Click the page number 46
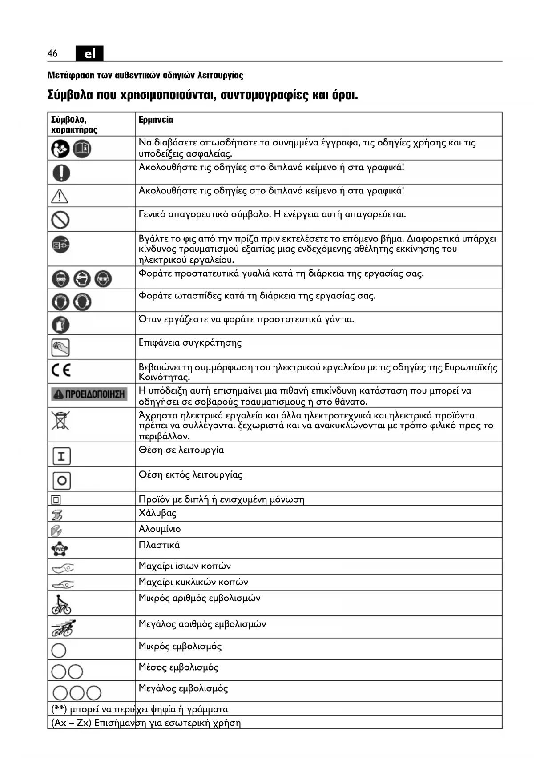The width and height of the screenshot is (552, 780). [x=52, y=53]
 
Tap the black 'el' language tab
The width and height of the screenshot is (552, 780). [x=89, y=54]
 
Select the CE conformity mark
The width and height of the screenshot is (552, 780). [x=61, y=370]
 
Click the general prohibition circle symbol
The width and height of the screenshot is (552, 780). [x=60, y=219]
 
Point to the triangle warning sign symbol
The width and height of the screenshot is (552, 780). [x=60, y=196]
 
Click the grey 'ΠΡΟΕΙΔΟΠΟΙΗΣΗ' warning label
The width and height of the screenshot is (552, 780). [x=89, y=394]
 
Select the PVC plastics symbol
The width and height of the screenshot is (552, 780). [x=60, y=549]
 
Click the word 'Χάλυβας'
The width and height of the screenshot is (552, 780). [x=157, y=513]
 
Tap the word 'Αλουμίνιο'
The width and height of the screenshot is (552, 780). [x=160, y=529]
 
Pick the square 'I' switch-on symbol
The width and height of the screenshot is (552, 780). [x=61, y=456]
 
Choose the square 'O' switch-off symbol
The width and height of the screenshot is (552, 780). [x=62, y=480]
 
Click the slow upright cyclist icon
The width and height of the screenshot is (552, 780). [x=61, y=604]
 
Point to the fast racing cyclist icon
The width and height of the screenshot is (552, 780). [x=63, y=628]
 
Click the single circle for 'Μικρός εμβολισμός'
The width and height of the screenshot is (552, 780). [x=59, y=651]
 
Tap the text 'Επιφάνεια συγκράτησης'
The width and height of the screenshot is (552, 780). [x=190, y=343]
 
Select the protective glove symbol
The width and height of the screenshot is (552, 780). [x=61, y=324]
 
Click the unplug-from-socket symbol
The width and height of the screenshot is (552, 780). [x=60, y=245]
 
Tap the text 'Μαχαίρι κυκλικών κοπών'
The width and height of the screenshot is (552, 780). [x=193, y=582]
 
